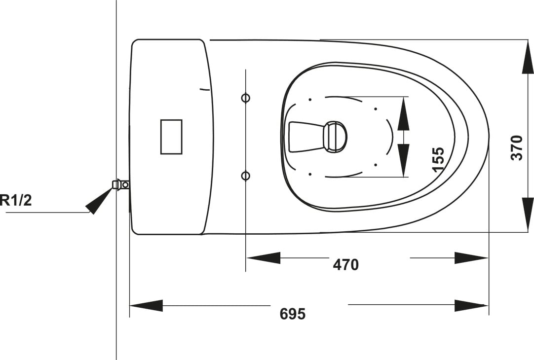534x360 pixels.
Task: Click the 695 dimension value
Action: click(x=293, y=313)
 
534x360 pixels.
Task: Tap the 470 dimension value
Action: click(x=345, y=264)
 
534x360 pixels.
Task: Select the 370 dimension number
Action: click(x=517, y=147)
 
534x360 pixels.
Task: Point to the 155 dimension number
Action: click(x=438, y=159)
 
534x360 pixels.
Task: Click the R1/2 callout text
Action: click(x=16, y=200)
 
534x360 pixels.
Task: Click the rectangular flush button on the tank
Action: click(x=171, y=137)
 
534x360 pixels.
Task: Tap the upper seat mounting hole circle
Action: click(x=246, y=98)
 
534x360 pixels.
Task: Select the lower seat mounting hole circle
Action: click(x=246, y=176)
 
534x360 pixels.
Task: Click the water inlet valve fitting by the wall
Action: click(x=121, y=184)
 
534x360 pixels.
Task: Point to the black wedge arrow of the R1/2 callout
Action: click(x=98, y=201)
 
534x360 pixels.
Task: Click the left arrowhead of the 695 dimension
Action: click(x=146, y=306)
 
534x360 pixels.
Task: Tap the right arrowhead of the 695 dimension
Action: click(x=471, y=306)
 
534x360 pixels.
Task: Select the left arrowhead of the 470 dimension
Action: click(x=264, y=258)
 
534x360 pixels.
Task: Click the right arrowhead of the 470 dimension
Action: click(x=471, y=258)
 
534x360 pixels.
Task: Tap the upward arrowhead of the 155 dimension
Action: click(x=403, y=113)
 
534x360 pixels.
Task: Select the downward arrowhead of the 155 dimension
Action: click(x=403, y=160)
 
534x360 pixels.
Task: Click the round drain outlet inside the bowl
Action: click(x=335, y=136)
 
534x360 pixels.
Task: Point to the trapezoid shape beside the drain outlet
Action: click(x=306, y=137)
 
